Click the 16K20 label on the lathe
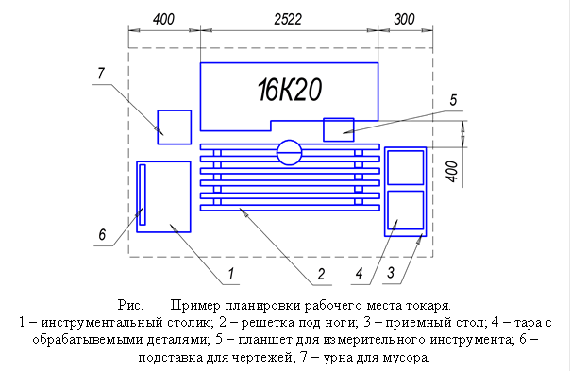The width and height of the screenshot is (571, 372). point(290,90)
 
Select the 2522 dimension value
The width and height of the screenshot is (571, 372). point(288,19)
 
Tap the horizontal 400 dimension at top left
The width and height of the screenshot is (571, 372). point(163,19)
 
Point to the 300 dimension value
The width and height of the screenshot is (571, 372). point(404,19)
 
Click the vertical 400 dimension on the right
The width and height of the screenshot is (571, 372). point(452,171)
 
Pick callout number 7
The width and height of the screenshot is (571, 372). point(101,74)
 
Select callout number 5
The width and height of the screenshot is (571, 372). point(453,100)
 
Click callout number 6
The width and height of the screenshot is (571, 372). point(102,234)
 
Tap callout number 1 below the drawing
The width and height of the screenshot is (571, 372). point(231,273)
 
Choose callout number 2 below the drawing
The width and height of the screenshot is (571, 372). point(321,274)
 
